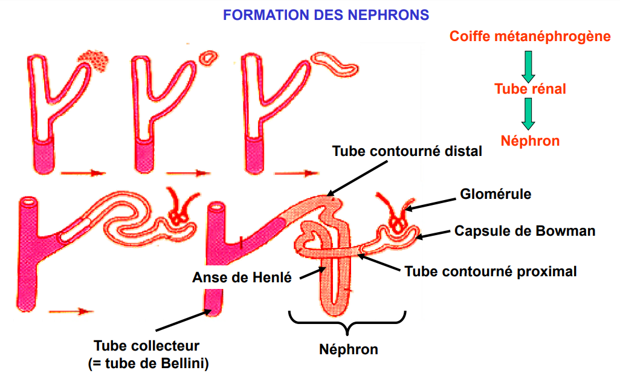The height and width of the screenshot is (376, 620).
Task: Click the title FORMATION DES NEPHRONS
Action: (x=326, y=15)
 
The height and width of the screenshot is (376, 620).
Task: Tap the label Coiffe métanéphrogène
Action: (x=530, y=36)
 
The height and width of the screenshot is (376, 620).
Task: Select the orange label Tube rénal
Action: (x=530, y=89)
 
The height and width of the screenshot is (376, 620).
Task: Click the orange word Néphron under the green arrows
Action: (x=530, y=141)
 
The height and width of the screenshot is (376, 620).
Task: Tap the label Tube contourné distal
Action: (x=407, y=151)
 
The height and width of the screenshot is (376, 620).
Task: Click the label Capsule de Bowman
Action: (x=525, y=231)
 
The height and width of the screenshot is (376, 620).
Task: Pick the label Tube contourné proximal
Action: (x=491, y=271)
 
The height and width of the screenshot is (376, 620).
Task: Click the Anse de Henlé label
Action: (x=242, y=278)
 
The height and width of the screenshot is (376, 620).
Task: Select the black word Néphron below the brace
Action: (x=349, y=349)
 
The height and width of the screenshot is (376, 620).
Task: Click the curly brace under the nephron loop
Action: (x=347, y=323)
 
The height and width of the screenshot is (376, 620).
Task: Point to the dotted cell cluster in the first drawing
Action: (x=95, y=60)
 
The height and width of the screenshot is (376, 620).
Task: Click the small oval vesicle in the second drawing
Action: (x=209, y=58)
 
